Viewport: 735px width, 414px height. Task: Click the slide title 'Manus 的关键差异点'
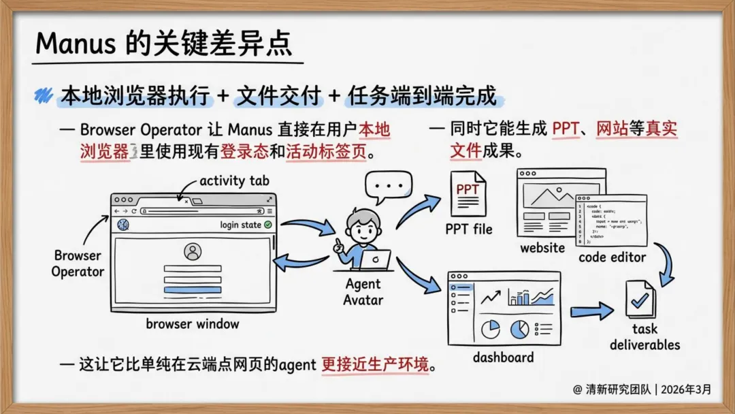tap(163, 44)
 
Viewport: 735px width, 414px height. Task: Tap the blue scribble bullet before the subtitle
tap(44, 95)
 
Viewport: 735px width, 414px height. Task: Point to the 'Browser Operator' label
tap(78, 264)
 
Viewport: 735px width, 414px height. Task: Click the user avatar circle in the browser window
tap(193, 252)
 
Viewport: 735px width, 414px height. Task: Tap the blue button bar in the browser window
tap(193, 291)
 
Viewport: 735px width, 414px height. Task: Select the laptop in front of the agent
tap(375, 259)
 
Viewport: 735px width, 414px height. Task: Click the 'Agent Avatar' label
tap(363, 291)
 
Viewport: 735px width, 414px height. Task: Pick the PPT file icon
tap(468, 195)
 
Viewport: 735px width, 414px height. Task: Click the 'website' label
tap(542, 248)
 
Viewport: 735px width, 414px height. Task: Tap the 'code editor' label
tap(612, 257)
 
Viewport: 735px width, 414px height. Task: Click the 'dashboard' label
tap(503, 357)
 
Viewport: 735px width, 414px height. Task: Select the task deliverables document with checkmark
tap(640, 300)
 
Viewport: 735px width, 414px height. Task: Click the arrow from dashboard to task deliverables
tap(592, 312)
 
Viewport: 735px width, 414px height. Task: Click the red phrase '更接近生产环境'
tap(377, 364)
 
